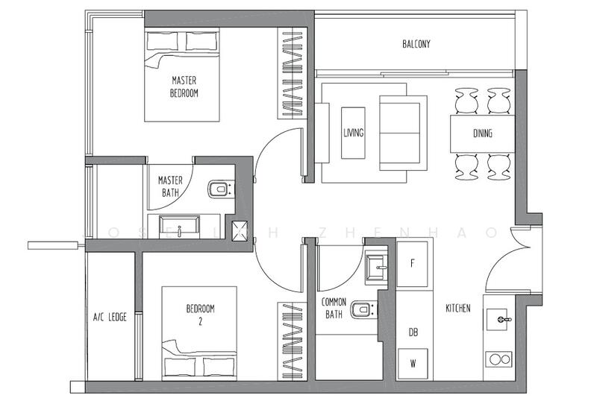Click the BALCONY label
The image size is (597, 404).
click(416, 44)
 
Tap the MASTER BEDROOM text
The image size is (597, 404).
click(184, 86)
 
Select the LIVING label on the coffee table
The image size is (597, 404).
click(353, 133)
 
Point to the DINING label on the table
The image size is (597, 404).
click(483, 134)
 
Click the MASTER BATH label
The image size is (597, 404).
click(170, 186)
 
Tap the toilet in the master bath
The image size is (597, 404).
click(217, 189)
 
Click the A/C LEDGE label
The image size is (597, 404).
click(110, 317)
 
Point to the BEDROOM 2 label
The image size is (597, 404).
click(200, 316)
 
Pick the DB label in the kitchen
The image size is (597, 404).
click(413, 332)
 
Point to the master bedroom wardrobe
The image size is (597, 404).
click(292, 73)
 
